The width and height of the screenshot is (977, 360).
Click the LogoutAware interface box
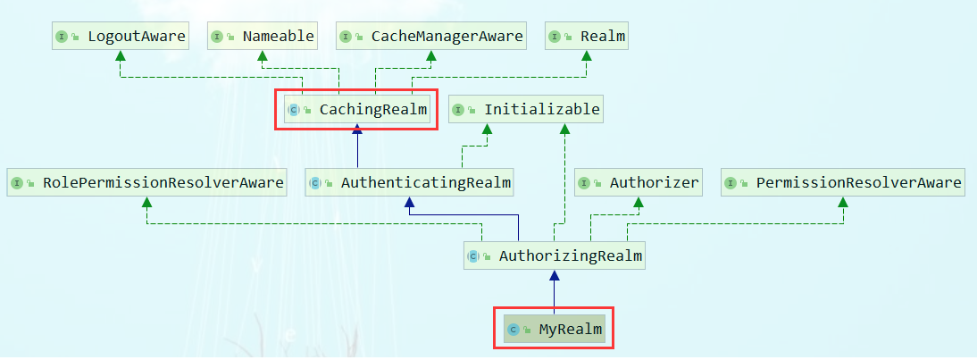click(121, 37)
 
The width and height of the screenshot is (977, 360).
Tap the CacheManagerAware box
click(431, 37)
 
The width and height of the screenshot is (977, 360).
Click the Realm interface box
click(587, 37)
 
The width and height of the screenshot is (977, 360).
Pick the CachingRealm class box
click(356, 110)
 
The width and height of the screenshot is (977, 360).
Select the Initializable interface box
click(526, 110)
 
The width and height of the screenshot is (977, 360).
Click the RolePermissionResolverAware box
click(147, 183)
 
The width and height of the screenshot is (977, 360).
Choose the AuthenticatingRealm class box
click(410, 183)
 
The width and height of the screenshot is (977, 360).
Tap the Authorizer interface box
click(639, 183)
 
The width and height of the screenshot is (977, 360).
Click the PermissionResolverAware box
click(843, 183)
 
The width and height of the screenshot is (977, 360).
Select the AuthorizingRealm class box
click(555, 256)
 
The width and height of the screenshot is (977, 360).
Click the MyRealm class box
click(554, 330)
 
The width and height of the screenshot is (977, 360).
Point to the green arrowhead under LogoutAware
click(121, 55)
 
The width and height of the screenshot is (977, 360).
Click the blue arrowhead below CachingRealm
click(357, 130)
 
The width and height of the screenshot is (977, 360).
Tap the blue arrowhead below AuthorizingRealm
click(555, 276)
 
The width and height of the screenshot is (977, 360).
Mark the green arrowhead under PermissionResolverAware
click(843, 203)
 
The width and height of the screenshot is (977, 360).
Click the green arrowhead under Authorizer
click(639, 203)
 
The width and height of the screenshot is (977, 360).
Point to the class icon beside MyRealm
click(514, 330)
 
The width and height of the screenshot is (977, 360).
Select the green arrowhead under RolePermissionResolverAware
click(147, 203)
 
